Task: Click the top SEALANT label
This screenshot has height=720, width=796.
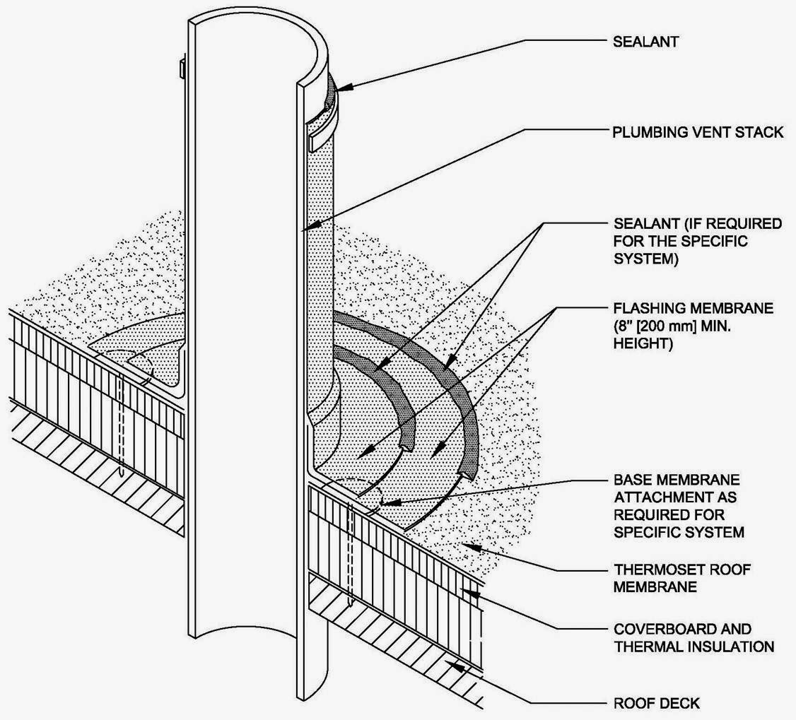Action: click(x=645, y=41)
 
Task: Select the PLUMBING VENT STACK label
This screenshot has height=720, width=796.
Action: click(x=697, y=132)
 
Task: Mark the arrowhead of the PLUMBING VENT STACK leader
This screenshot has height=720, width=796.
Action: click(x=303, y=230)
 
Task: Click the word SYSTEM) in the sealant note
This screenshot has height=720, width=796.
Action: click(x=645, y=259)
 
